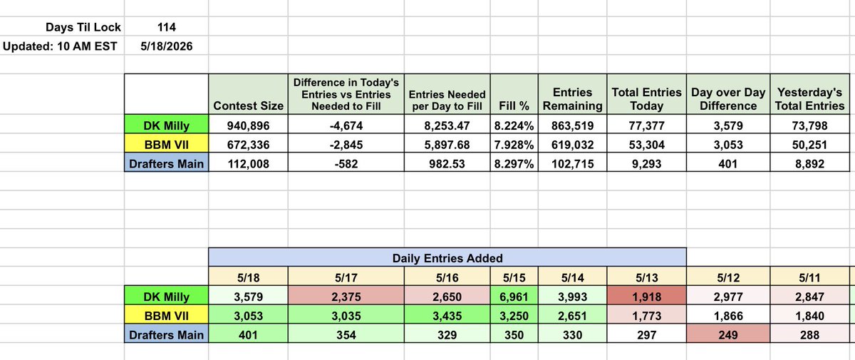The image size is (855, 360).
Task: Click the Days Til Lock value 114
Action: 167,27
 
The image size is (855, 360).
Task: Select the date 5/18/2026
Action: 167,46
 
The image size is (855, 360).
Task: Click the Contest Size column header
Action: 248,106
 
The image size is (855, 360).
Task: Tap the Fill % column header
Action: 514,106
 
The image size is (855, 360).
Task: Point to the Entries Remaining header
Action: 573,99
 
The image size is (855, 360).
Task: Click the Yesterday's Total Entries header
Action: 809,99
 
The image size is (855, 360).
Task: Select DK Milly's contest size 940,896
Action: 248,125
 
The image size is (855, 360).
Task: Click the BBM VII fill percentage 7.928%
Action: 514,145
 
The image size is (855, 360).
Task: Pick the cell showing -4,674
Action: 346,125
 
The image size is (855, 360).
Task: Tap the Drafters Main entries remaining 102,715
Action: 573,164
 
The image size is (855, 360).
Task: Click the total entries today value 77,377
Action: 647,125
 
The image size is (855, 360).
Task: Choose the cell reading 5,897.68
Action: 447,145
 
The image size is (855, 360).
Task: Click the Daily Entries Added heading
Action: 447,258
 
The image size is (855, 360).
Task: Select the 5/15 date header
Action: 514,277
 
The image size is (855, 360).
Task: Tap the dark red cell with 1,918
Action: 647,297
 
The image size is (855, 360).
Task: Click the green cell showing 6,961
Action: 514,297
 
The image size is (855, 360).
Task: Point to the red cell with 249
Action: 728,335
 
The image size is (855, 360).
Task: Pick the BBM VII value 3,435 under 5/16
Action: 447,316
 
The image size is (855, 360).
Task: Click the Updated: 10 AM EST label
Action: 60,46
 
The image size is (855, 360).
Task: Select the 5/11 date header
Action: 809,277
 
